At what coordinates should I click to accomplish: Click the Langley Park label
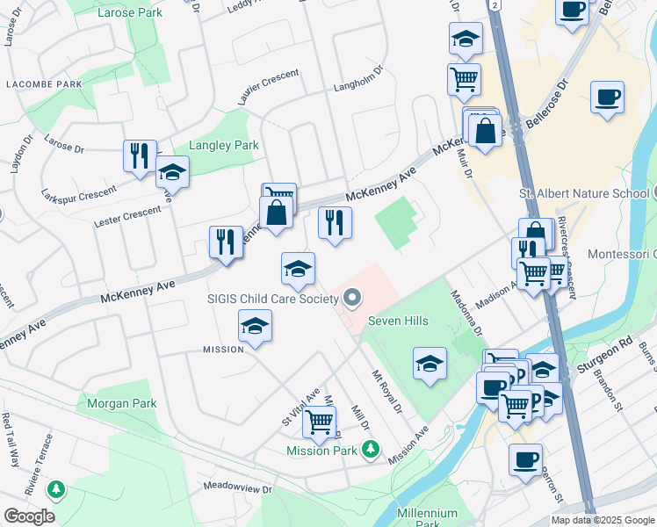coord(224,145)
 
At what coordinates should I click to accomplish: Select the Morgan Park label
coord(121,404)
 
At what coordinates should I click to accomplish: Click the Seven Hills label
coord(398,321)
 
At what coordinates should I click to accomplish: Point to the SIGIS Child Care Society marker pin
coord(352,300)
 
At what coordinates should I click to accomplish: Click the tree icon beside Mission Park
coord(371,450)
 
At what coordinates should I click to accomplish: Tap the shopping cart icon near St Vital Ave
coord(319,422)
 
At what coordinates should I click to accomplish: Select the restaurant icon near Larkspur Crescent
coord(140,156)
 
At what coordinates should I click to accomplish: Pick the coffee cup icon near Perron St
coord(525,458)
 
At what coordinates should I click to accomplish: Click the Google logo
coord(29,516)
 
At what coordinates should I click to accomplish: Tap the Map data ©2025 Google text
coord(603,520)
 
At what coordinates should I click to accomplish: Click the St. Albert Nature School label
coord(583,192)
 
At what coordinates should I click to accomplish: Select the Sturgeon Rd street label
coord(612,343)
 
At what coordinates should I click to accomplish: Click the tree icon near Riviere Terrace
coord(57,488)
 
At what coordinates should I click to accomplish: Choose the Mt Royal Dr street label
coord(386,394)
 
